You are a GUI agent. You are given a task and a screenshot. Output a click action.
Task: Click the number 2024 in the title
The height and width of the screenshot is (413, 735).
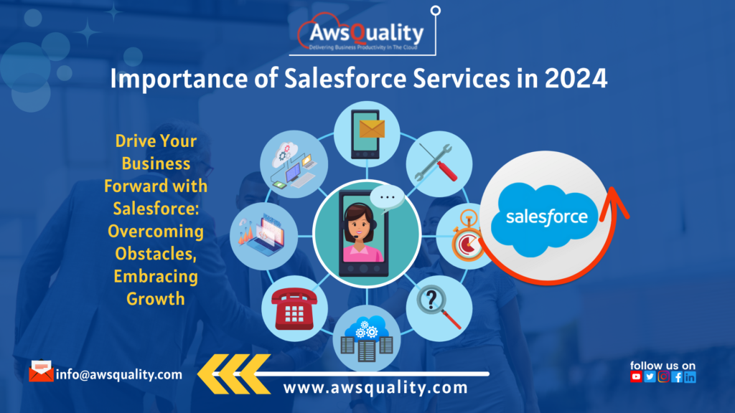[574, 80]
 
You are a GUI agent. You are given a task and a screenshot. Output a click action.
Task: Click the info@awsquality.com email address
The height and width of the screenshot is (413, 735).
[119, 374]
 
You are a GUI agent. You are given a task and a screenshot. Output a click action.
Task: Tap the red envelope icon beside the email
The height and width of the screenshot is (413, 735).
[41, 372]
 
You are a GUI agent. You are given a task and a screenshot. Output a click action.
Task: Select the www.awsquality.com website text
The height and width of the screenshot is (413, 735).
[375, 388]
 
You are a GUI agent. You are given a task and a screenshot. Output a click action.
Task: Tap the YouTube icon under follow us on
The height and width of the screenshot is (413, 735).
[636, 377]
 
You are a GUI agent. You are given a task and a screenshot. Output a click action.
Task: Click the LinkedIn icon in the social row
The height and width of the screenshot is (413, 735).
[690, 377]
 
